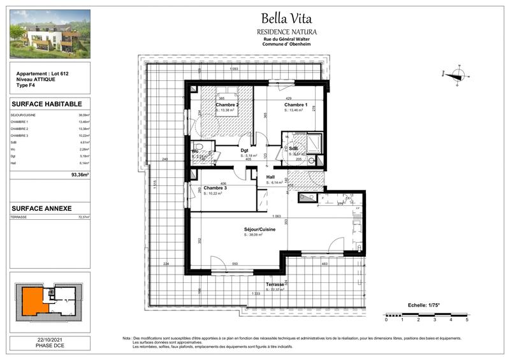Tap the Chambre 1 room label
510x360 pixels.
click(x=295, y=104)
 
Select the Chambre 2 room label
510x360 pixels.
click(x=227, y=104)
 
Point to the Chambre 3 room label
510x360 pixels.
click(x=215, y=188)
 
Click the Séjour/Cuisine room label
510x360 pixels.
click(x=259, y=229)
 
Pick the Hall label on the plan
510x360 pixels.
click(x=270, y=177)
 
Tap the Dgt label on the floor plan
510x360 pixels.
click(x=244, y=150)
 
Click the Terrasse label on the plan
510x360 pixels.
click(x=275, y=284)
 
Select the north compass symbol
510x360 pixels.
click(x=457, y=75)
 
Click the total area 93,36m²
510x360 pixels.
click(x=80, y=173)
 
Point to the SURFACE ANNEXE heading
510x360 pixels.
click(x=42, y=208)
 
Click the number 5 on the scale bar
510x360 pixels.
click(x=467, y=320)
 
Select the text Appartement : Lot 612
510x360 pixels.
click(x=41, y=75)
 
